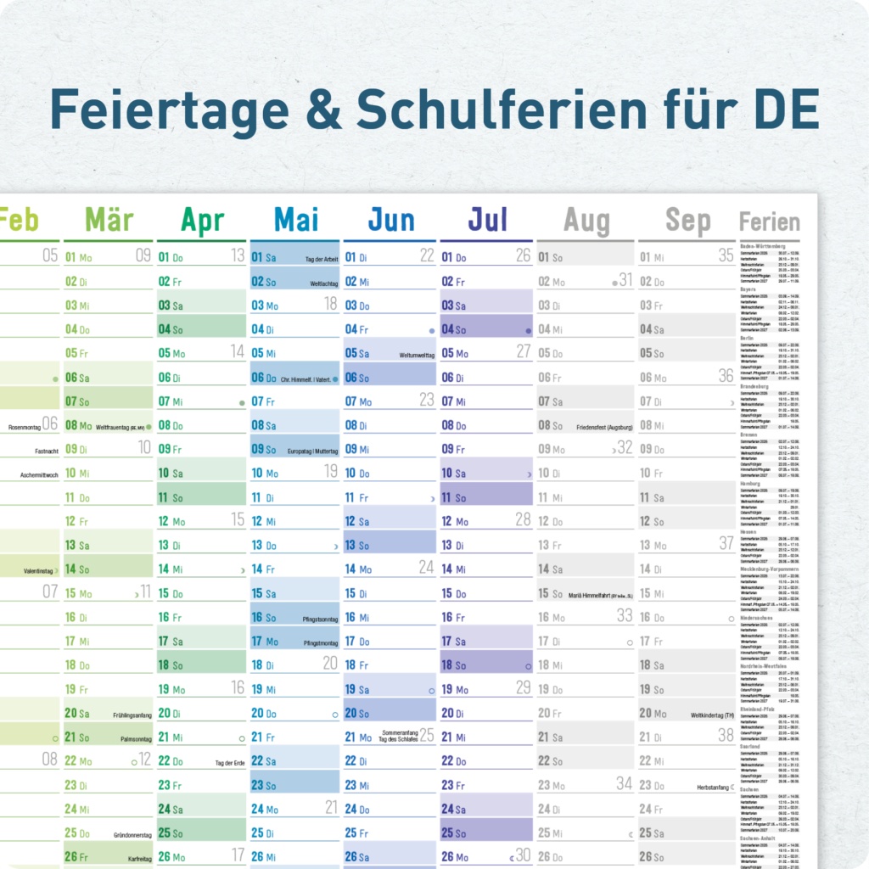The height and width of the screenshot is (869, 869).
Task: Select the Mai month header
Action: tap(296, 221)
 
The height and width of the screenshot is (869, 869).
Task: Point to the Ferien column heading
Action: tap(769, 222)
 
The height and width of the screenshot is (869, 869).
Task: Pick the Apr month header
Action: tap(202, 221)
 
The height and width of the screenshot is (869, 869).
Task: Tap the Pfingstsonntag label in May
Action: tap(320, 620)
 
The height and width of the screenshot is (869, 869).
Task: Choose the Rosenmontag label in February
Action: tap(25, 427)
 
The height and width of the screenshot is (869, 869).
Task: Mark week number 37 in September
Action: tap(726, 543)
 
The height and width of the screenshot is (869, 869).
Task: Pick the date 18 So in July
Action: tap(454, 666)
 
